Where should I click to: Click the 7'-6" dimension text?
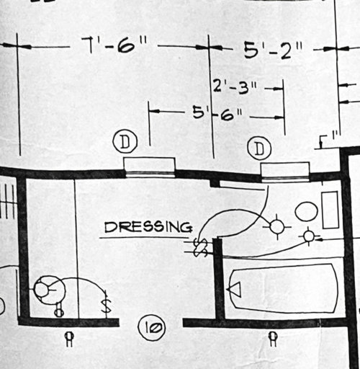tap(114, 45)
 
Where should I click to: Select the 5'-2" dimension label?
tap(273, 50)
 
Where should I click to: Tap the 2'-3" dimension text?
tap(235, 86)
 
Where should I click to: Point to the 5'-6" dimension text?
tap(217, 113)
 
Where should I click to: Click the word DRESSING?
tap(148, 227)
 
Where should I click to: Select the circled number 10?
tap(152, 327)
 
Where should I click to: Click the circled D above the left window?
tap(125, 142)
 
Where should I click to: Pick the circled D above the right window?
tap(259, 148)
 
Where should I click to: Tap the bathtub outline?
tap(284, 288)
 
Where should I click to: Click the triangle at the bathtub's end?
tap(234, 289)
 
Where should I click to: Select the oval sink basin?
tap(306, 211)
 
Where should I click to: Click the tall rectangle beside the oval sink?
tap(330, 210)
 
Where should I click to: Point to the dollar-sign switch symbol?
tap(106, 306)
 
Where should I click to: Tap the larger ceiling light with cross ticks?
tap(277, 226)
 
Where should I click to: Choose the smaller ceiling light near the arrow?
tap(309, 236)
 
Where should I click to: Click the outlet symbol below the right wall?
tap(272, 339)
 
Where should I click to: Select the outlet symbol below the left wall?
tap(69, 339)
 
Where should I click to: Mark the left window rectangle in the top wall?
tap(149, 167)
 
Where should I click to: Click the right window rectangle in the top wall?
tap(285, 172)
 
